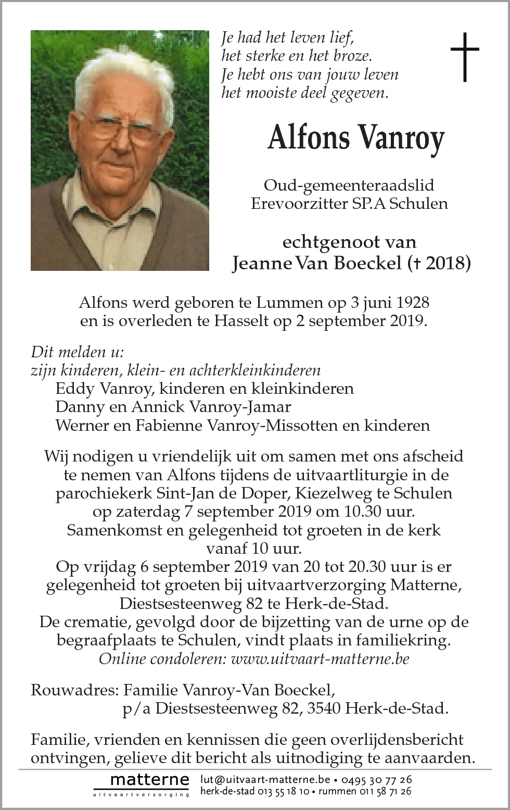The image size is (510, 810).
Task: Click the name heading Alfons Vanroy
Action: click(x=356, y=138)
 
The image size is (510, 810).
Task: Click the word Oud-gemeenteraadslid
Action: click(x=349, y=185)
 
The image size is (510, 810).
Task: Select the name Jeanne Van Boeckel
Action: click(x=315, y=264)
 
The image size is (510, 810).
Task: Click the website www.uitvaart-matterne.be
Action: click(x=320, y=659)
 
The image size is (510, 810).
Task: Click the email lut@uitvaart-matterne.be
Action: click(x=265, y=779)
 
